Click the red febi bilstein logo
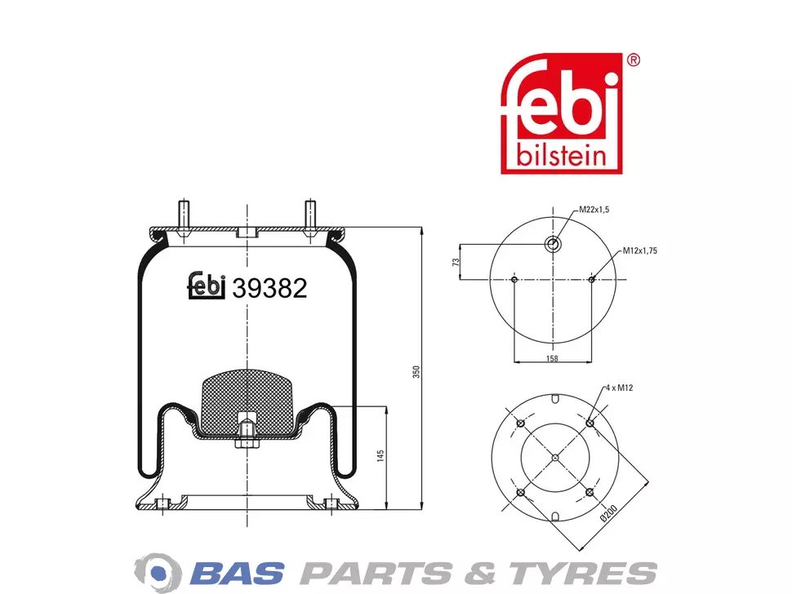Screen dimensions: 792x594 pos(561,113)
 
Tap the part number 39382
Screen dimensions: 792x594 pos(269,289)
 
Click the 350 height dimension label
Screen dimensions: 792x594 pos(416,372)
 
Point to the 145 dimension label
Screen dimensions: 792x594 pos(380,456)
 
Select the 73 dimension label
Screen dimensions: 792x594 pos(456,262)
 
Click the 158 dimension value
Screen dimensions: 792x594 pos(552,358)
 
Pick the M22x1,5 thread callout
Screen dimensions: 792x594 pos(594,210)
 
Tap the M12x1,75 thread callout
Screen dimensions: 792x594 pos(640,250)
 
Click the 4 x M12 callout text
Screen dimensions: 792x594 pos(619,388)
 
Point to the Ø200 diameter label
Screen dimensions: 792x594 pos(608,512)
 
